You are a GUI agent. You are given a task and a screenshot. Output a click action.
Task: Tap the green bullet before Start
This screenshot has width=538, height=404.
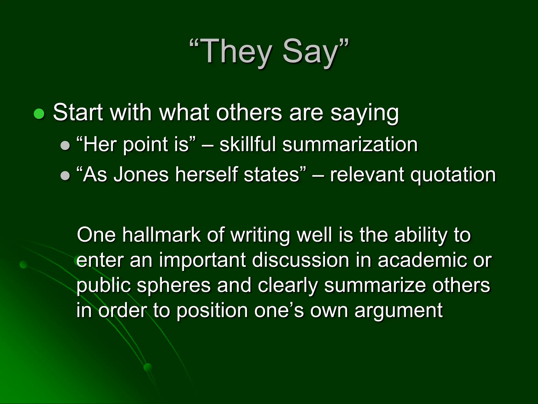click(39, 114)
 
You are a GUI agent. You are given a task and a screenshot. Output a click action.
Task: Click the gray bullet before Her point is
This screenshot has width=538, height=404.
click(65, 145)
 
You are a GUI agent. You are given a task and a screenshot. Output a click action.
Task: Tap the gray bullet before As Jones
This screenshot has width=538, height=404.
click(65, 176)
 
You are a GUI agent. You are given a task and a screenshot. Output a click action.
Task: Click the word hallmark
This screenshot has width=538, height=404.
click(161, 235)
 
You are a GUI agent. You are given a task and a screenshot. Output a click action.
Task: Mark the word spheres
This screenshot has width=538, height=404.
click(174, 286)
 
